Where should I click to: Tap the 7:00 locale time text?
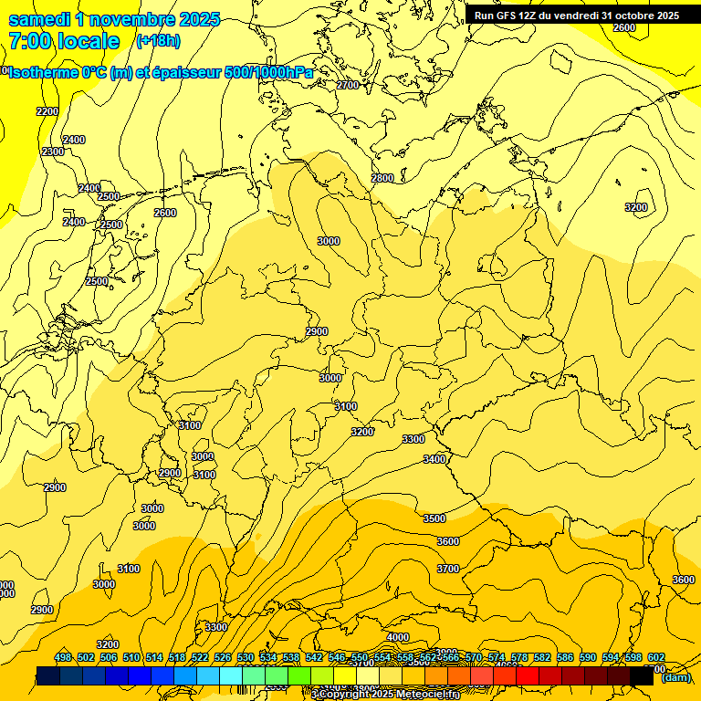click(x=64, y=42)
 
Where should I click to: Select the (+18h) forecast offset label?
click(x=158, y=41)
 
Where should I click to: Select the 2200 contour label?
click(x=47, y=111)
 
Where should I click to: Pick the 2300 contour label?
click(x=53, y=152)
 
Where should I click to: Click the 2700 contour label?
click(x=348, y=85)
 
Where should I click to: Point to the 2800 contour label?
click(x=382, y=178)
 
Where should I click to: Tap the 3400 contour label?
click(x=434, y=459)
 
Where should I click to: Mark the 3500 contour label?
click(x=434, y=518)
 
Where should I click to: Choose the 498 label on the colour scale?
click(x=62, y=657)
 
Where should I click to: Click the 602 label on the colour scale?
click(x=655, y=657)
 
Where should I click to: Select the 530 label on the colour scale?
click(x=246, y=657)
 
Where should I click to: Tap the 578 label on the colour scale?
click(x=518, y=657)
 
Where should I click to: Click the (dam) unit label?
click(x=675, y=677)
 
